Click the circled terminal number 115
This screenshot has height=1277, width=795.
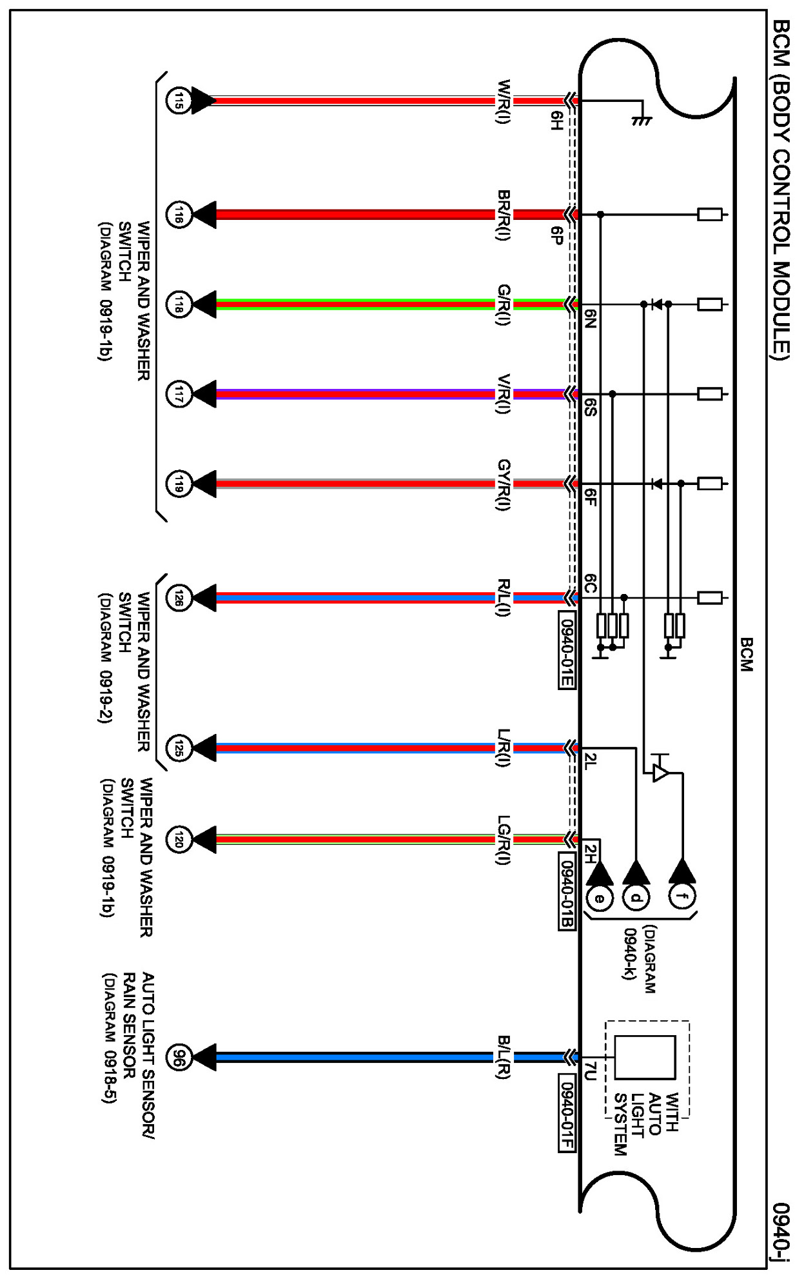pos(179,101)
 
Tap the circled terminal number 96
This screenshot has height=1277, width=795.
pos(179,1057)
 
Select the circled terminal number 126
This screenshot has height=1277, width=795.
pos(179,598)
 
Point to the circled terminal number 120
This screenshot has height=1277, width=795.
pos(179,839)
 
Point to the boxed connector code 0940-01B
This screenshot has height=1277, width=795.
pos(566,893)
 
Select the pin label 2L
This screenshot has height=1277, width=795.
pos(591,762)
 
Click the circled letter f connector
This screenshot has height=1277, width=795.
pos(682,896)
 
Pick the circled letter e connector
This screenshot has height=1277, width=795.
pos(599,897)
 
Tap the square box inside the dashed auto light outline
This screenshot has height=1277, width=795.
pos(645,1057)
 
